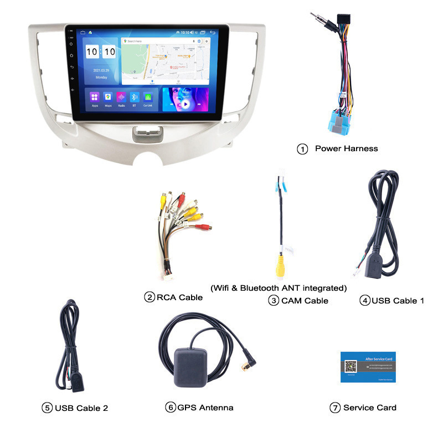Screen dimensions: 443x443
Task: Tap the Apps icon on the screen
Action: [95, 97]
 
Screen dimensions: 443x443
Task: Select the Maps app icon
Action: [108, 97]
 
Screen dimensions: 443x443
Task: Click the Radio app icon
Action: [121, 97]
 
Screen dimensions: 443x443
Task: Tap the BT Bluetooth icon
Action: [135, 97]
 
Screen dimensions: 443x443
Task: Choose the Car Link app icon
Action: [148, 97]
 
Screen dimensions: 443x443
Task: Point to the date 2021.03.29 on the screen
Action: [101, 70]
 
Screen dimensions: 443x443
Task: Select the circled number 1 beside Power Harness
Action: [302, 149]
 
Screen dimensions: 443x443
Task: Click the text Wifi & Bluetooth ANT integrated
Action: [279, 288]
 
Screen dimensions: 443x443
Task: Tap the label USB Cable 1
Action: [398, 301]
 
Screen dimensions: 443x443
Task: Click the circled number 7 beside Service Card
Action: [334, 408]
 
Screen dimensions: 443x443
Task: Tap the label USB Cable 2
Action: [81, 408]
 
